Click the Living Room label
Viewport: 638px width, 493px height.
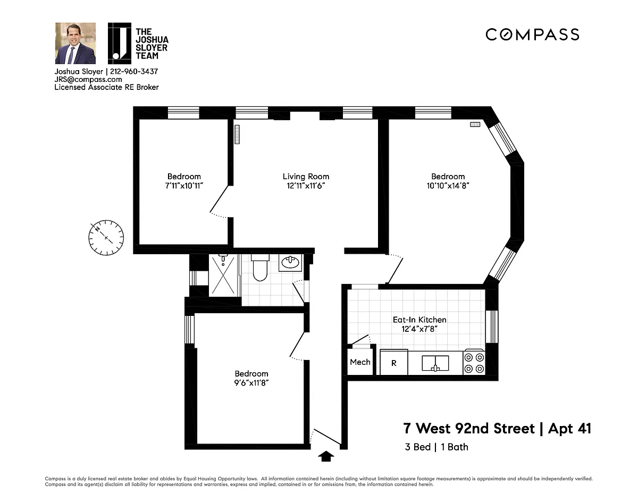click(x=306, y=177)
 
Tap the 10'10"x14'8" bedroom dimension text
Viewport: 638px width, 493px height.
click(x=448, y=186)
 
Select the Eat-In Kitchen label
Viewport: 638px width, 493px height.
click(x=419, y=320)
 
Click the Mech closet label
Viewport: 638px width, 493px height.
click(x=360, y=362)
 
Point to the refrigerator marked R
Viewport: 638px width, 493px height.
click(x=394, y=362)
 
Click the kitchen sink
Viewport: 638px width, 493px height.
click(x=435, y=363)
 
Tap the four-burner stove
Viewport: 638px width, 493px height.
click(x=474, y=362)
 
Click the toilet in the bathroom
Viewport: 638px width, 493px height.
click(x=260, y=267)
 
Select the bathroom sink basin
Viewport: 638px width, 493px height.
click(x=290, y=263)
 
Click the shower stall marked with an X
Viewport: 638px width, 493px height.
click(x=223, y=275)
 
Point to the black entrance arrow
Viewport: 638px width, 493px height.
click(x=326, y=456)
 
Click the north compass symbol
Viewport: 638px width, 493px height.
click(x=106, y=238)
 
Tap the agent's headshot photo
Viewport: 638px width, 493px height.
click(x=75, y=43)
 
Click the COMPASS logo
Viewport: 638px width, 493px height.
click(x=532, y=35)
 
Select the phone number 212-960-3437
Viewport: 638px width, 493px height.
click(x=134, y=71)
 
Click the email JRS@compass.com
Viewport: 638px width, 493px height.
click(x=88, y=79)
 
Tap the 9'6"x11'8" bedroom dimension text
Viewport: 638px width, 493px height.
click(x=251, y=382)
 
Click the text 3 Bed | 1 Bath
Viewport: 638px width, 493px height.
click(x=436, y=447)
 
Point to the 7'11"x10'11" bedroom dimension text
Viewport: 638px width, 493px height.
click(x=184, y=186)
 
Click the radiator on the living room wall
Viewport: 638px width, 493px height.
click(x=237, y=135)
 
